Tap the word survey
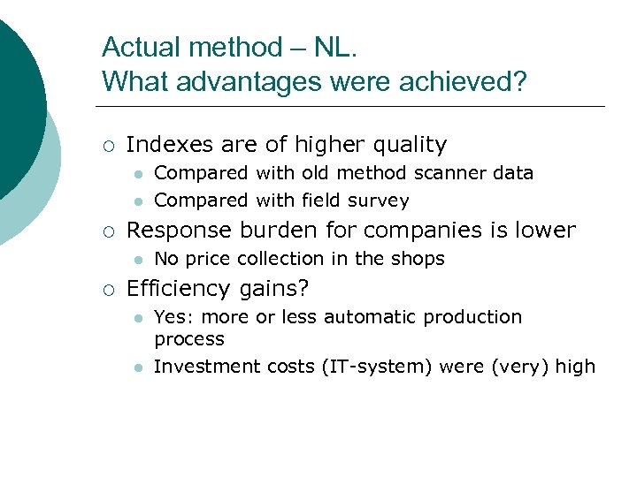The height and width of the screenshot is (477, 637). coord(381,201)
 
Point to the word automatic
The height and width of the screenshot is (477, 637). coord(377,316)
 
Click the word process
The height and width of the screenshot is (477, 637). coord(189,339)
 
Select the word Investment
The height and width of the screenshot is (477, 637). coord(203,367)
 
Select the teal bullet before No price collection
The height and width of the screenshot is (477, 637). coord(136,260)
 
